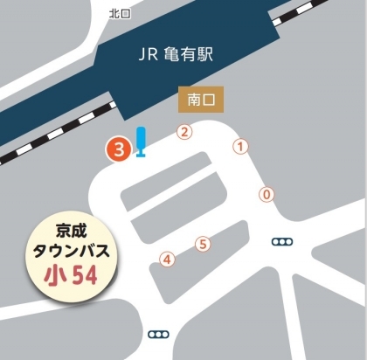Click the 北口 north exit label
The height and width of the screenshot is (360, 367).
pyautogui.click(x=118, y=13)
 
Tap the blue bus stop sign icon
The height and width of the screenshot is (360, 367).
pyautogui.click(x=140, y=144)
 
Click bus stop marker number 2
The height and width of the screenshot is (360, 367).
pyautogui.click(x=184, y=132)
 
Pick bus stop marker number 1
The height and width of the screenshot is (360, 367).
pyautogui.click(x=241, y=148)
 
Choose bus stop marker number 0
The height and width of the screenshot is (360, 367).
pyautogui.click(x=267, y=195)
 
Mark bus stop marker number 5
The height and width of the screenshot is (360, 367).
pyautogui.click(x=203, y=244)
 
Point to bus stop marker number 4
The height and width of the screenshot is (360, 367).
pyautogui.click(x=167, y=259)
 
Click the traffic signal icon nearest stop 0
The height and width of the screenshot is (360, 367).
pyautogui.click(x=282, y=241)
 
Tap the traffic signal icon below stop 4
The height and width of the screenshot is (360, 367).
pyautogui.click(x=159, y=334)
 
